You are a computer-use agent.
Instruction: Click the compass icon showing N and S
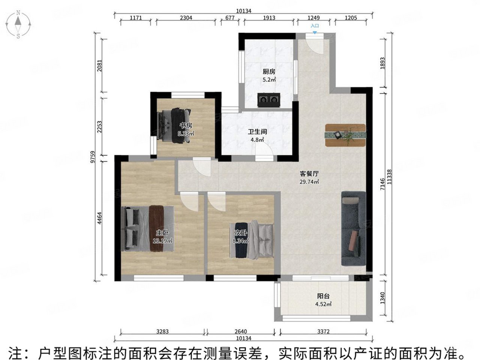tap(18, 25)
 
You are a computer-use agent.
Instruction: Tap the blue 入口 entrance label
tap(315, 26)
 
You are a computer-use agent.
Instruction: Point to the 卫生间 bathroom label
tap(257, 132)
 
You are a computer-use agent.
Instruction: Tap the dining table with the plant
tap(345, 134)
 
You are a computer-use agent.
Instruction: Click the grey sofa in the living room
tap(353, 229)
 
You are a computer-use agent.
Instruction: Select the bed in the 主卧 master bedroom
tap(148, 228)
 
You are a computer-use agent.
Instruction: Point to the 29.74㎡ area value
tap(309, 182)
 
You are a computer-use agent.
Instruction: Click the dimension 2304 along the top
tap(186, 18)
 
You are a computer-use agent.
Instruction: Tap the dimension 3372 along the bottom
tap(323, 331)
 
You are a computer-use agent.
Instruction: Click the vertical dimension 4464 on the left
tap(99, 217)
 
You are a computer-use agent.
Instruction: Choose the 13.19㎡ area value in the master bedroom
tap(162, 241)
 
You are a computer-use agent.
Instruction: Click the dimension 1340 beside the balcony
tap(382, 299)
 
